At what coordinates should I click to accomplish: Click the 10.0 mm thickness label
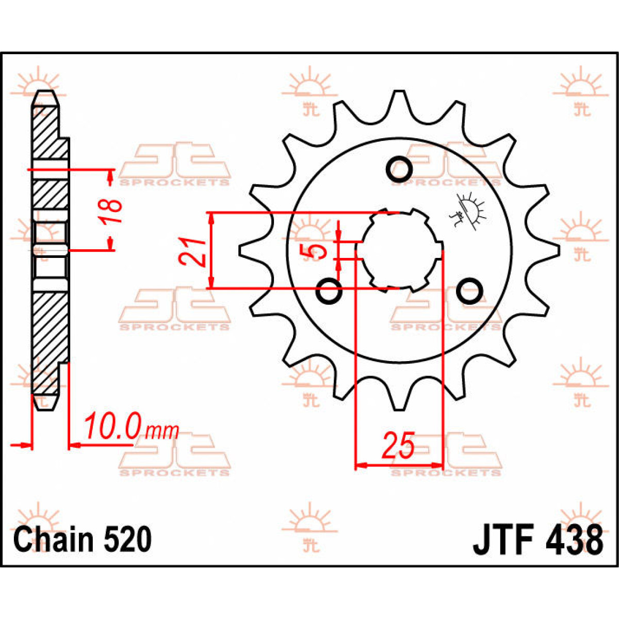pos(131,426)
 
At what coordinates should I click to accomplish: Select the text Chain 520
pos(83,540)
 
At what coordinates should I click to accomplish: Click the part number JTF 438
pos(537,540)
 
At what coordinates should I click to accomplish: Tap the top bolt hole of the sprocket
pos(399,168)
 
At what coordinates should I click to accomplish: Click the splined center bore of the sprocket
pos(399,251)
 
